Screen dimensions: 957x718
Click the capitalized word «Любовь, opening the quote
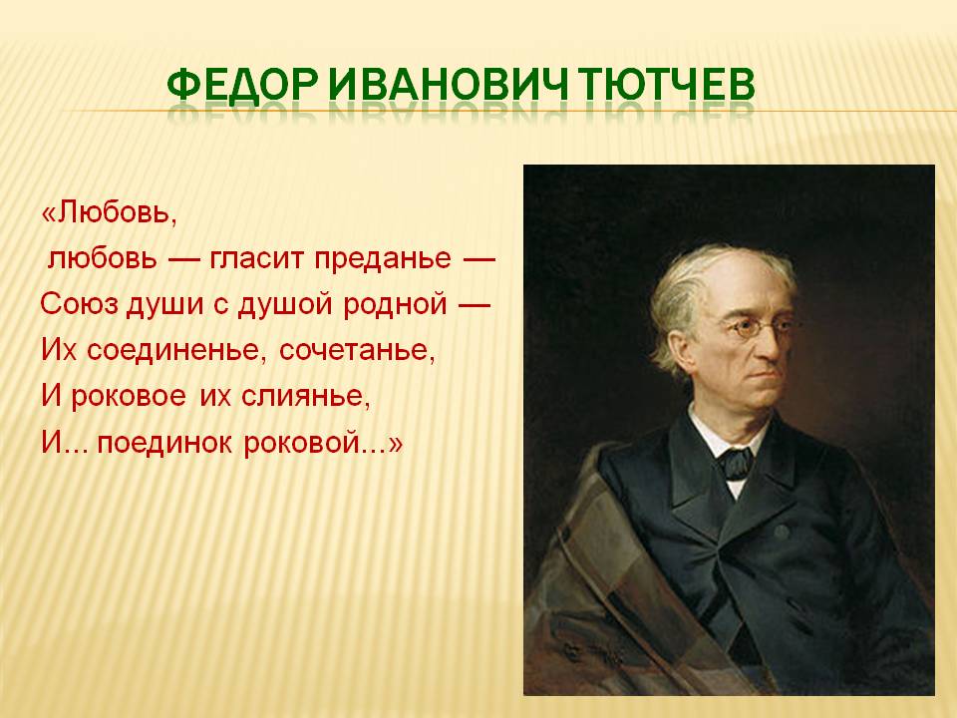tap(109, 213)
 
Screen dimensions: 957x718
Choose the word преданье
tap(383, 260)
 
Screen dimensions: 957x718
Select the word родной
tap(396, 305)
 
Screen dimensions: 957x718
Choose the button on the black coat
tap(782, 533)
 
